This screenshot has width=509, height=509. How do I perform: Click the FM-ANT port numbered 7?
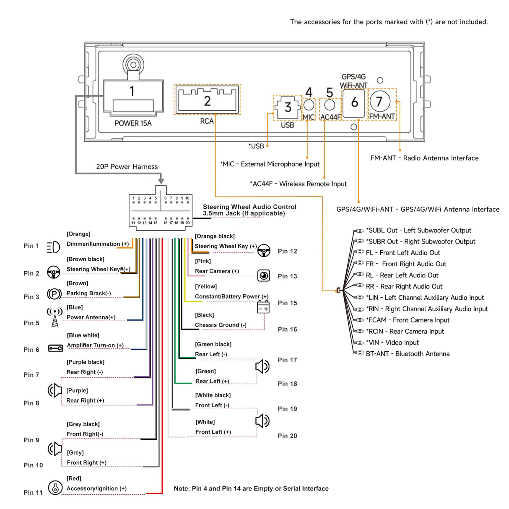coord(380,101)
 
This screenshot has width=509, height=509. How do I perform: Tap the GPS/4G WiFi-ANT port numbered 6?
coord(354,103)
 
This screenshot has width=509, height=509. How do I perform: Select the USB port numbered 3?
coord(288,107)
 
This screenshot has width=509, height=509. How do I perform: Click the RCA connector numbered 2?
coord(207,100)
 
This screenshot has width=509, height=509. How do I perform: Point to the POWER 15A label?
coord(133,123)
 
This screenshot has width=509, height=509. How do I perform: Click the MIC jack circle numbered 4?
coord(309,104)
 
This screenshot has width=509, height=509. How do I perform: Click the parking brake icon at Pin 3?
coord(54,294)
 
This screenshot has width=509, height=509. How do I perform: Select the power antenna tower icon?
coord(55,317)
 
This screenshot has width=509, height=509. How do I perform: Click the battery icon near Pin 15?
coord(263,307)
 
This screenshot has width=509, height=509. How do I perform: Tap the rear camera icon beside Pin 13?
coord(264,275)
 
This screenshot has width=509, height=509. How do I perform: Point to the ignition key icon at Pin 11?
coord(55,488)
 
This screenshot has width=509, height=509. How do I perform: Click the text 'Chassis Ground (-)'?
coord(221,325)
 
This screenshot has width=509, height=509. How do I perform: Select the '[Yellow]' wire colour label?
coord(206,286)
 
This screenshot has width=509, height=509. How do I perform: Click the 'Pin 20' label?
coord(287,436)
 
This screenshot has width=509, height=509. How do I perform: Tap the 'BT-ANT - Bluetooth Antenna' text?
coord(408,354)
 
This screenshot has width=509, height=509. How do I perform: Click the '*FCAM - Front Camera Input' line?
coord(408,320)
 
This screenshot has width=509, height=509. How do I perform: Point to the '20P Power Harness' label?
coord(127,166)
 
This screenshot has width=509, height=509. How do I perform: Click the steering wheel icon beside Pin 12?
coord(264,251)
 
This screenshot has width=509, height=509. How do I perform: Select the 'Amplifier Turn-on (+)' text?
coord(95,345)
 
